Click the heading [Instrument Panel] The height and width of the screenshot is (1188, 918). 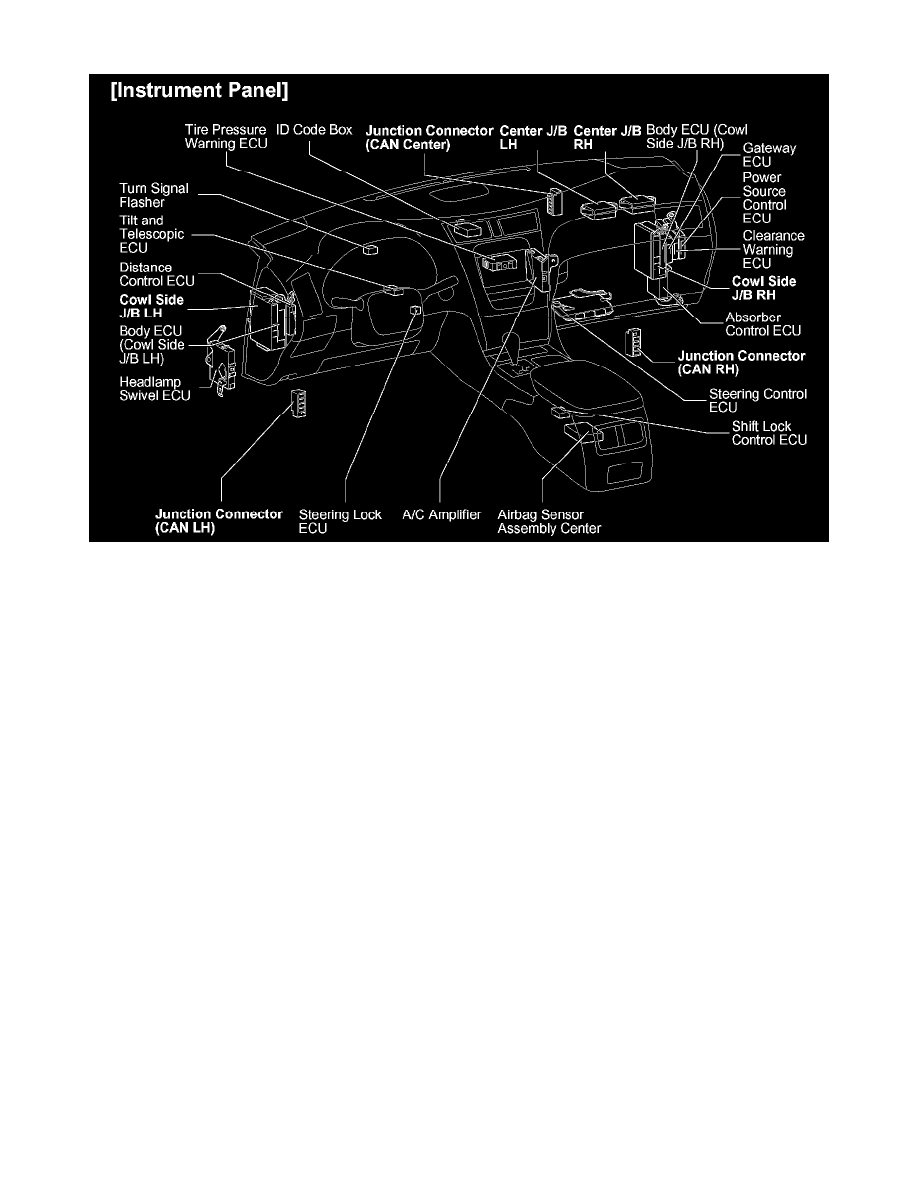point(199,94)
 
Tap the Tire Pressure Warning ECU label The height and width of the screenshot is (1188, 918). point(226,136)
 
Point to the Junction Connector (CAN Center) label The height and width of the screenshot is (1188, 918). point(429,136)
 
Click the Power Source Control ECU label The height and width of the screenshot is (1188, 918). point(764,197)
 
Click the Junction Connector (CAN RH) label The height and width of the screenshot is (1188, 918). point(741,361)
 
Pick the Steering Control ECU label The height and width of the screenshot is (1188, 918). point(758,400)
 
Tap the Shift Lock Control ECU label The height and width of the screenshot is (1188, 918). point(769,433)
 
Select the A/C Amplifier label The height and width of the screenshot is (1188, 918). point(441,515)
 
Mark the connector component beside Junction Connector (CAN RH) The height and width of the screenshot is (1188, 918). point(634,343)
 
